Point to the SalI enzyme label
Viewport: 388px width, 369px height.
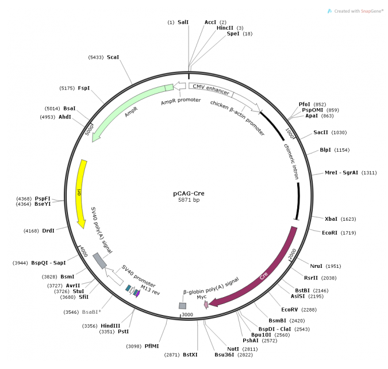[183, 22]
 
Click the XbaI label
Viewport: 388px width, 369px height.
[332, 219]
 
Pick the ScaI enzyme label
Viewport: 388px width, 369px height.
[113, 57]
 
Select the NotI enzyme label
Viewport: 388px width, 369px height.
[233, 349]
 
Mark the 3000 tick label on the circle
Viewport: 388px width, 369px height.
[187, 315]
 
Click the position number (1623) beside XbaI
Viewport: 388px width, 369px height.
[349, 219]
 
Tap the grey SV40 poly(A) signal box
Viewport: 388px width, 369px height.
[99, 260]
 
